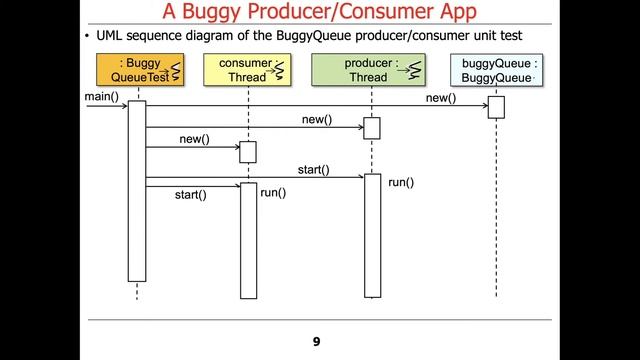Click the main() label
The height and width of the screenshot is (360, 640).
coord(101,96)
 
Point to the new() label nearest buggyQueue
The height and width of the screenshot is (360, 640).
coord(440,97)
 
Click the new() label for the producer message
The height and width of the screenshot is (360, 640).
coord(317,120)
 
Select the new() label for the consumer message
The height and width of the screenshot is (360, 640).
coord(194,139)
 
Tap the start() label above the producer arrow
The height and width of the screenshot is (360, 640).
coord(313,170)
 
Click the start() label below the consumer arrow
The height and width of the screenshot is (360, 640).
coord(190,194)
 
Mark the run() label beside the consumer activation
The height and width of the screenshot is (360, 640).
coord(273,191)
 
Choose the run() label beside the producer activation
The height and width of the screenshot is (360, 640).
coord(401,182)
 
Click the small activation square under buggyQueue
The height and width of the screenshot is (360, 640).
coord(496,107)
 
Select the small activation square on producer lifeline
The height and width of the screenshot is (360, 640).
coord(372,128)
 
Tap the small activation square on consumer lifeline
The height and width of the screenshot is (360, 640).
coord(248,152)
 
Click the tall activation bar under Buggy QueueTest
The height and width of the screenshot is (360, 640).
coord(137,190)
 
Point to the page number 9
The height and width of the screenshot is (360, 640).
coord(316,342)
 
